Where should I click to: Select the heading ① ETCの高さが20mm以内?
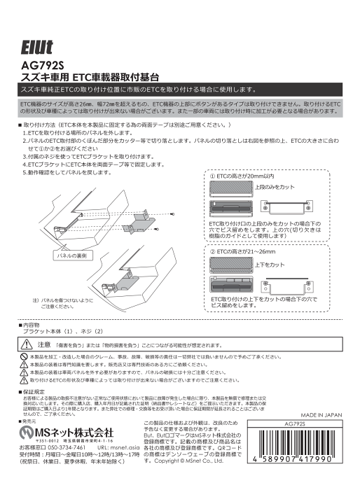coord(242,176)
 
